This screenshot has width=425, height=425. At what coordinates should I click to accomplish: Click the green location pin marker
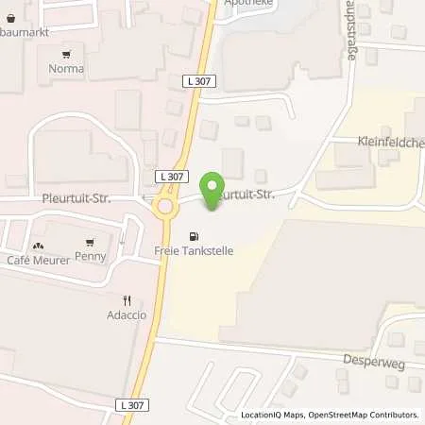tap(214, 187)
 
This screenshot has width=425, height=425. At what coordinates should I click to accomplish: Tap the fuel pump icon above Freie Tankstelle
tap(195, 236)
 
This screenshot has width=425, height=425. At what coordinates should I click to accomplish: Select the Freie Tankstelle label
tap(194, 251)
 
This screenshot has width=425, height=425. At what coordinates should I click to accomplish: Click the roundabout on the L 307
tap(167, 206)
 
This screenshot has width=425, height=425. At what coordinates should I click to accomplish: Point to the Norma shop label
tap(66, 69)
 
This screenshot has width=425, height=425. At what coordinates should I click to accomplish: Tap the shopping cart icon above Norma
tap(66, 55)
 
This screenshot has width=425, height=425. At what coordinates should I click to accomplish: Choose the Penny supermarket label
tap(91, 257)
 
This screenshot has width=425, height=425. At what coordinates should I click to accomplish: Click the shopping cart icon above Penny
tap(91, 243)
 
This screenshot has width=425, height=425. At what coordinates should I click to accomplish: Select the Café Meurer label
tap(38, 259)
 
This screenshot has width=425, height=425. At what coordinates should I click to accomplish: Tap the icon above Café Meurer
tap(38, 244)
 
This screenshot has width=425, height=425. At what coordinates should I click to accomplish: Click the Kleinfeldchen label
tap(389, 143)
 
